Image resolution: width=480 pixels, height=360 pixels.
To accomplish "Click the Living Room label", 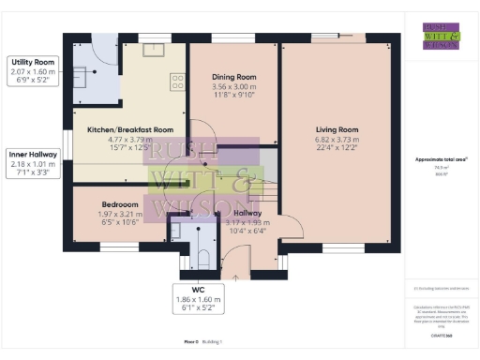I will point(336,129).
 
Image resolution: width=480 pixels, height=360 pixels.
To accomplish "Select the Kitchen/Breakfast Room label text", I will point(130,129).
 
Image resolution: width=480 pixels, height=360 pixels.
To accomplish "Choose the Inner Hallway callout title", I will point(32,154).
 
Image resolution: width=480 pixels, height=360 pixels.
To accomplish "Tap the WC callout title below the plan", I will point(198,290).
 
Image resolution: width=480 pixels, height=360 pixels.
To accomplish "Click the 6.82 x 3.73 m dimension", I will point(336,139).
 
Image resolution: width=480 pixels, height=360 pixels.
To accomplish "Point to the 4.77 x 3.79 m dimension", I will point(130,139).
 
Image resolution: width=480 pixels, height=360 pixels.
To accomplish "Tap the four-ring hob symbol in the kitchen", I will point(176,82).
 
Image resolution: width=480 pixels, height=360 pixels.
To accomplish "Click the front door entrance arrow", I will point(234,277).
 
